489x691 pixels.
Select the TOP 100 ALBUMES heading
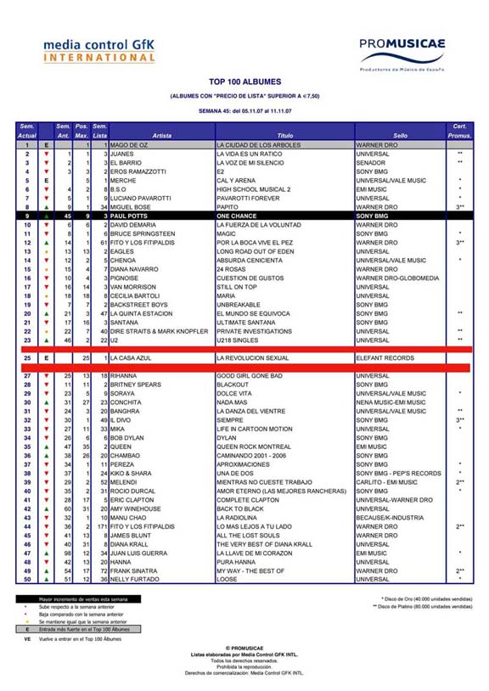(244, 81)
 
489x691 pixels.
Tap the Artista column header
(161, 135)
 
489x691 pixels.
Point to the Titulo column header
(284, 135)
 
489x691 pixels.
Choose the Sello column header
(400, 135)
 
